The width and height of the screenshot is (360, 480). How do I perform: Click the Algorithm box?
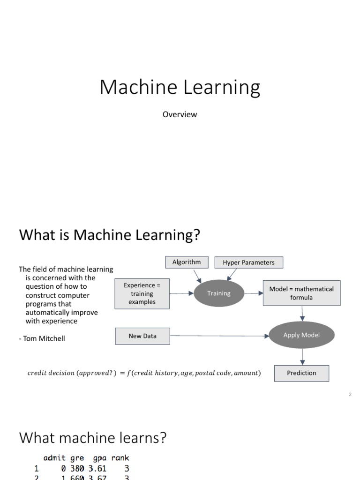pos(186,262)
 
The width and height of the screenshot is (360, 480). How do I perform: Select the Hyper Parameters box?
pos(248,262)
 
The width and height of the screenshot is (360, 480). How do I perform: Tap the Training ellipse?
pos(219,293)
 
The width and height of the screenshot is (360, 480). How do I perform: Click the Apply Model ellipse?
pos(301,335)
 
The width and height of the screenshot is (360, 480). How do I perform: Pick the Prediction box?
pos(301,373)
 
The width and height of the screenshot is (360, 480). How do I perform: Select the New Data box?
pos(142,336)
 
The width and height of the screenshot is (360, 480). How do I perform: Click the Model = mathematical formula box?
pos(301,293)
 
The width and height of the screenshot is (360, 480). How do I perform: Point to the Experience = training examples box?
pos(142,294)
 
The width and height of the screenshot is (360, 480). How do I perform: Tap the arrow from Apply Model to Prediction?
pos(302,357)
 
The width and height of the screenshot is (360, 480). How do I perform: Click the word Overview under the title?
pos(180,114)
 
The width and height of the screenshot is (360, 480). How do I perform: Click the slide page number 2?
pos(350,395)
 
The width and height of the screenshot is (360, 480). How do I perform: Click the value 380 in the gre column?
pos(77,468)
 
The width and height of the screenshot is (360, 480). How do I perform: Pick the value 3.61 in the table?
pos(97,468)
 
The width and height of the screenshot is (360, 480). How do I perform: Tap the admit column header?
pos(55,457)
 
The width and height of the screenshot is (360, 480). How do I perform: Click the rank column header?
pos(120,457)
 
